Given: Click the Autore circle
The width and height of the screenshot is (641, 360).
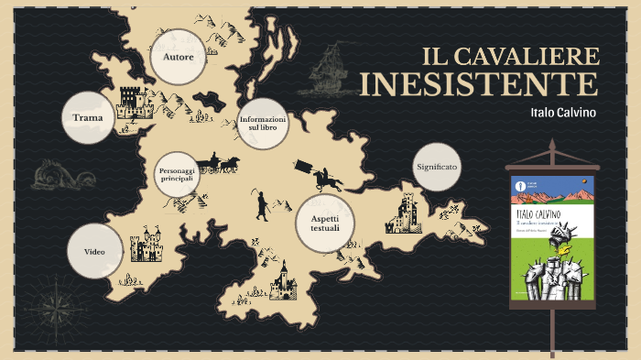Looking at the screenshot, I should [178, 58].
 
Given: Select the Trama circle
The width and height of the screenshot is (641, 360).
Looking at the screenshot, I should [88, 117].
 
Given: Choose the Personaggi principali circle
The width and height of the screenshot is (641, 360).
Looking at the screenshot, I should [177, 174].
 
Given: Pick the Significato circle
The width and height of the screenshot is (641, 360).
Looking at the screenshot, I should [437, 168].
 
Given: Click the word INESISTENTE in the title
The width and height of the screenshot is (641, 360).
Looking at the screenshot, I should [478, 84].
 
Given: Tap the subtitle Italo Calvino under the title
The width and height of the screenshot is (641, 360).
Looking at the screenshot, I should [563, 113].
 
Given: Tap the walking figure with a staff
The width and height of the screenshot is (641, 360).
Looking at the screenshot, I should [262, 204].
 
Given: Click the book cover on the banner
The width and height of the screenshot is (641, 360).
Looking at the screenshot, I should [551, 241].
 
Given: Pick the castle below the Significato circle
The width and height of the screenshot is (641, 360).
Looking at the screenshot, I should [407, 213].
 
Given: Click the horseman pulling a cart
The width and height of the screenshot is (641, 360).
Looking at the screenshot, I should [317, 173].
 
